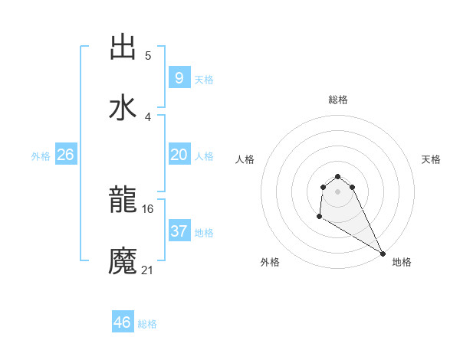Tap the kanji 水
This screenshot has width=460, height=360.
123,107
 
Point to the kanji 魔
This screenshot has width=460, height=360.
123,261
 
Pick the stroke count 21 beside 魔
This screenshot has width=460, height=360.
148,269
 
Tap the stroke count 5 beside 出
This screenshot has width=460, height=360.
148,55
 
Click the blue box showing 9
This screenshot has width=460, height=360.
179,77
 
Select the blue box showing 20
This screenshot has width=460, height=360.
179,154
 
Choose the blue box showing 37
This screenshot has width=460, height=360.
179,231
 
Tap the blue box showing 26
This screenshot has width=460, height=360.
65,154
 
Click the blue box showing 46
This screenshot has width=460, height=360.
122,322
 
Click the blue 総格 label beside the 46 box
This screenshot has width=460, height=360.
148,324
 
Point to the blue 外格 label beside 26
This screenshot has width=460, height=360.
41,155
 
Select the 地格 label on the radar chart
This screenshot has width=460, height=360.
402,262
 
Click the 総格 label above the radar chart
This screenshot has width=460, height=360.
338,100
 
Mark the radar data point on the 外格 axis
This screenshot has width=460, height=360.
319,217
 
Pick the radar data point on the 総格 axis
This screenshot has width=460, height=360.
337,175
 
